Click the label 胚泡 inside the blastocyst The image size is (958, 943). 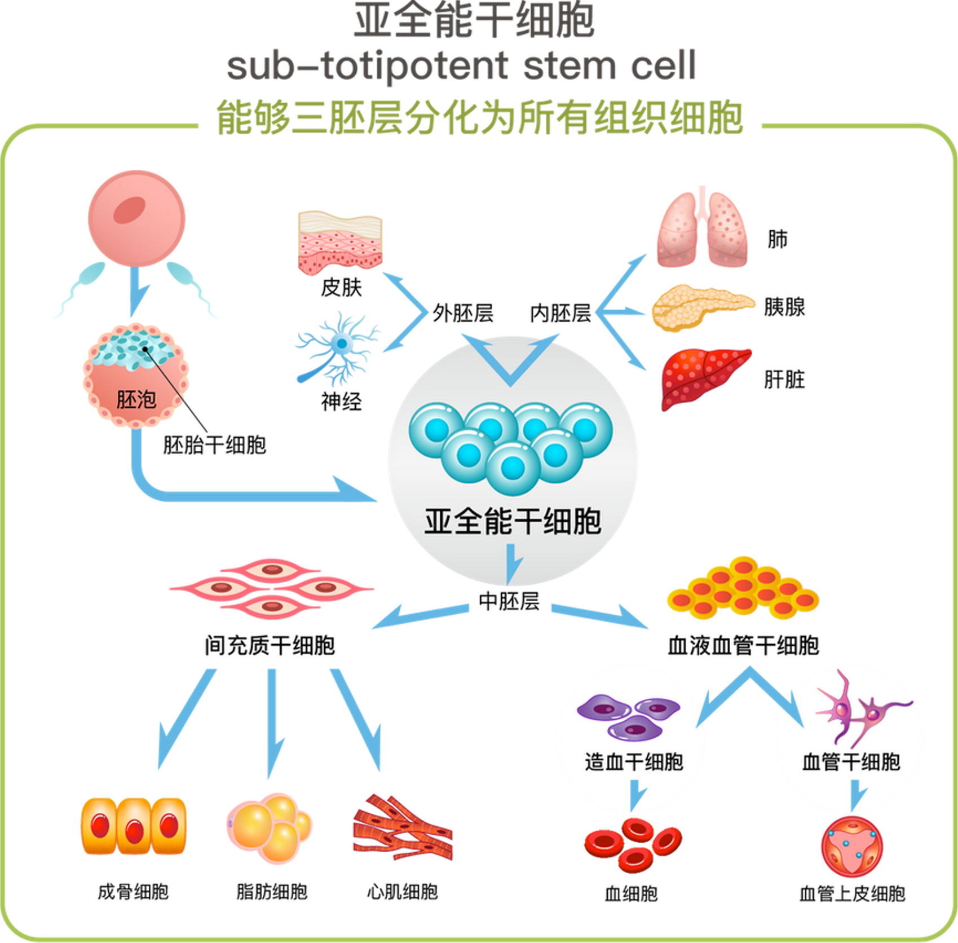[x=136, y=400]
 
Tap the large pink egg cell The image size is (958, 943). [x=137, y=218]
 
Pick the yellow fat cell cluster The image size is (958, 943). [x=270, y=827]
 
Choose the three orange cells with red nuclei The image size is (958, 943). [x=134, y=826]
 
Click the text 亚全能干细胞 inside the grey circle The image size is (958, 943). [x=513, y=521]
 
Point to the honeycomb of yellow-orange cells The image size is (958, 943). [x=743, y=589]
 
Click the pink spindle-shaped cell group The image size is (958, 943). [x=272, y=589]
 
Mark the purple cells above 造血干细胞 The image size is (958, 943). [x=628, y=715]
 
